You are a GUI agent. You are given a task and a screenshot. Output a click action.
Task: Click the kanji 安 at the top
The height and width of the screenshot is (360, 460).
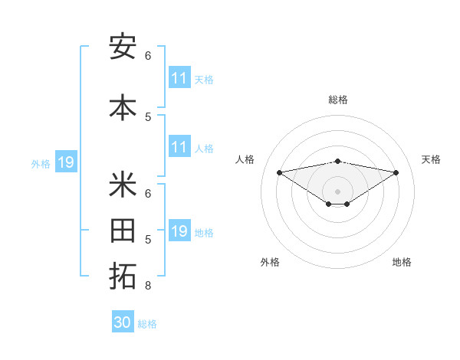(123, 47)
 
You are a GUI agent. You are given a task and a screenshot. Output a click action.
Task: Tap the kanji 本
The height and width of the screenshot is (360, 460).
(123, 107)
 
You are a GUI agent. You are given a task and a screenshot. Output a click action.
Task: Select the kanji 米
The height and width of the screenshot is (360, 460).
(123, 185)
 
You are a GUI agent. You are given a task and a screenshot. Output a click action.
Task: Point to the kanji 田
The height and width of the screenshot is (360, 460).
(123, 232)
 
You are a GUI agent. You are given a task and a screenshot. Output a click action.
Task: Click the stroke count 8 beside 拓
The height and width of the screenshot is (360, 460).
(147, 286)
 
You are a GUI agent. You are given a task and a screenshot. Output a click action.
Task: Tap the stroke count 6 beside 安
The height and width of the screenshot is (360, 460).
(148, 56)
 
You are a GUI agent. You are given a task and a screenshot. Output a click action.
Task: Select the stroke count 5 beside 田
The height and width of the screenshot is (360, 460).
(148, 240)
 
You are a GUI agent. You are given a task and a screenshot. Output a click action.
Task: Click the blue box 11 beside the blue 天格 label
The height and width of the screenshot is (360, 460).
(179, 78)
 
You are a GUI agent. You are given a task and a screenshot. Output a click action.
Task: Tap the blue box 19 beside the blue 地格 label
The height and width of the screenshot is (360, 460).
(179, 231)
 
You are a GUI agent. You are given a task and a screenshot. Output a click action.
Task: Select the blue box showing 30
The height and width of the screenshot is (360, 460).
(123, 322)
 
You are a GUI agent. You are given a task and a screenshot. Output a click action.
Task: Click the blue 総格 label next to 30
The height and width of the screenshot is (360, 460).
(147, 324)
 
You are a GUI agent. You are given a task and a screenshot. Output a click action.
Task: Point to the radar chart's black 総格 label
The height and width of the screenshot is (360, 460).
(337, 100)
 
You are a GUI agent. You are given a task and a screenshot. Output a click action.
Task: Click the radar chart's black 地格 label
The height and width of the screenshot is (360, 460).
(402, 262)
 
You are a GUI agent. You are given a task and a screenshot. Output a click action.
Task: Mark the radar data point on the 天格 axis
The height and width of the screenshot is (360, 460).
(396, 172)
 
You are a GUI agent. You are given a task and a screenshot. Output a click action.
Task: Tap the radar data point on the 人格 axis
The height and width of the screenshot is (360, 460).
(279, 172)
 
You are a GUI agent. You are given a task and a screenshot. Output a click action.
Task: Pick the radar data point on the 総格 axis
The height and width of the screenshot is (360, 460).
(337, 161)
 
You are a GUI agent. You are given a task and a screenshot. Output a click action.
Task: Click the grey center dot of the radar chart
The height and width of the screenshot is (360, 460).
(337, 191)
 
